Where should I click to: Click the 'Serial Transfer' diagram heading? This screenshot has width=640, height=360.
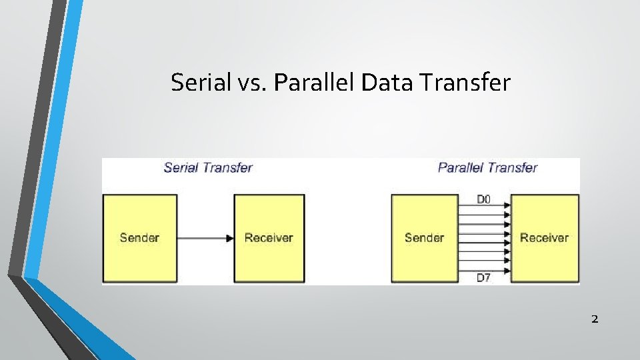tap(208, 167)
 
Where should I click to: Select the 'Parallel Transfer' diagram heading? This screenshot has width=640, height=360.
tap(487, 167)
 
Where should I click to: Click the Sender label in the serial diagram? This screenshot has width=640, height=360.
tap(139, 237)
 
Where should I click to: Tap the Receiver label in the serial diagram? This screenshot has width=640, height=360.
tap(269, 237)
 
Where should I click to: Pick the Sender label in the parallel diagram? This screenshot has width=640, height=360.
tap(424, 237)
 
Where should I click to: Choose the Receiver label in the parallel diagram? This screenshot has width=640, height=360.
tap(544, 237)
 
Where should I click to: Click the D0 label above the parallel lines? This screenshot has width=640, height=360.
tap(484, 199)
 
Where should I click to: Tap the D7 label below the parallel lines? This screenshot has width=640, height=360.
tap(484, 277)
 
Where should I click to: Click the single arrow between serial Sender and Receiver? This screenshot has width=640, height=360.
tap(205, 238)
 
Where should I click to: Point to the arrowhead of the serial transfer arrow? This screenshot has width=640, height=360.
tap(230, 238)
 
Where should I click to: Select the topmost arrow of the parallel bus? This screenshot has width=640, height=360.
tap(483, 207)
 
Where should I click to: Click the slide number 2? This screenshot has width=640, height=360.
tap(595, 319)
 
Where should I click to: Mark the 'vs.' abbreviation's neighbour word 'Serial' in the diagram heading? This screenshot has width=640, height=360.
tap(181, 167)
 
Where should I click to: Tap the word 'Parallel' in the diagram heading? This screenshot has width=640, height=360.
tap(461, 167)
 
